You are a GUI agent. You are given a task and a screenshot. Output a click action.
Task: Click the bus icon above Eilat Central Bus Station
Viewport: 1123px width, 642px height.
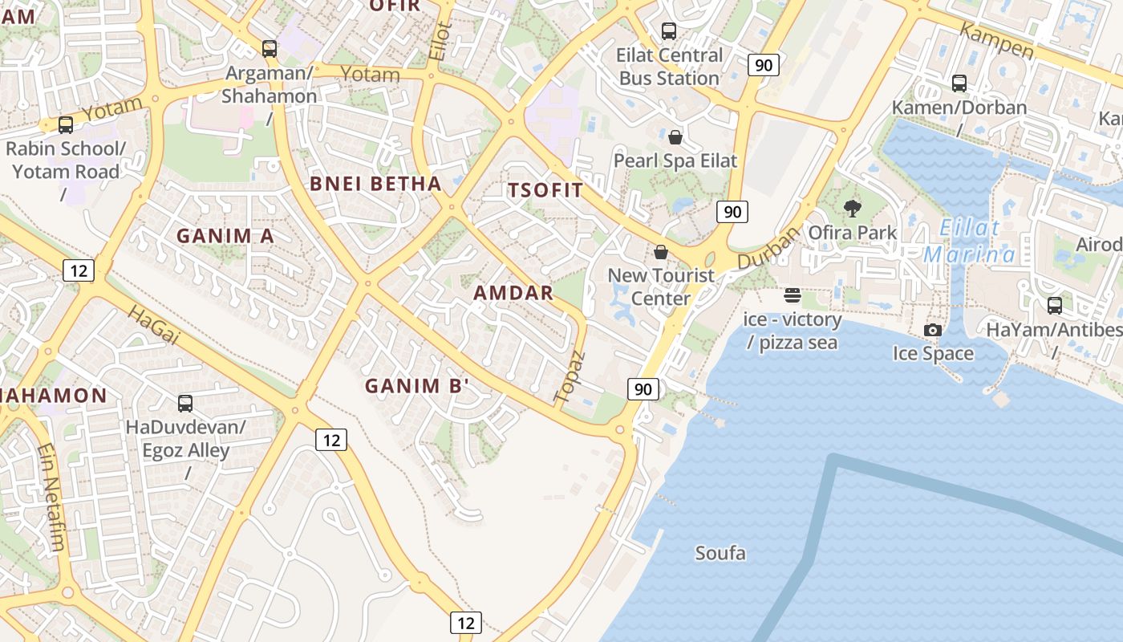point(668,31)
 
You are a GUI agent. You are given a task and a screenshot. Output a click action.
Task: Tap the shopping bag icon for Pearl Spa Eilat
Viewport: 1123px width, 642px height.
point(675,137)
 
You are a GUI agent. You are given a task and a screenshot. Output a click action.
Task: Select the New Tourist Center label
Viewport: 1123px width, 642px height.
point(661,286)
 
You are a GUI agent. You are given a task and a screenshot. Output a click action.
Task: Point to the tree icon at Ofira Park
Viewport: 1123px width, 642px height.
point(852,209)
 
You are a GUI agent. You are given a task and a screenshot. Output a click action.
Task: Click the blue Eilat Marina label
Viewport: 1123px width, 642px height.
point(970,242)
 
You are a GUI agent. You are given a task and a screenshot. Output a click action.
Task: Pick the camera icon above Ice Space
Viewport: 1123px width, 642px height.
point(932,330)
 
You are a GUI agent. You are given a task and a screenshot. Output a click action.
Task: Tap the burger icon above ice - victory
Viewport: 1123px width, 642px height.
point(793,295)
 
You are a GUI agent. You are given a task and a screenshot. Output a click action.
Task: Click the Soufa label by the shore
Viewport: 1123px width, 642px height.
point(720,553)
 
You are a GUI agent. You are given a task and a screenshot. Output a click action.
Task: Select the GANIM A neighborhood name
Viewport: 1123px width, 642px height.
point(225,236)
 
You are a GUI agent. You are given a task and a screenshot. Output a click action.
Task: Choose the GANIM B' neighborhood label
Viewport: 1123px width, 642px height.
point(417,386)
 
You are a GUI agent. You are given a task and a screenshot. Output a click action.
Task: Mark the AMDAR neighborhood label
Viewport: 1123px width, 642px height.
point(513,293)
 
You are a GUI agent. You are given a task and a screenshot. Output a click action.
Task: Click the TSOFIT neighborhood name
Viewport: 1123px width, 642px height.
point(545,190)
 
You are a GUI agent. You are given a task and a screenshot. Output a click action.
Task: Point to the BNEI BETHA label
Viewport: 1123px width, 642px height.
point(375,183)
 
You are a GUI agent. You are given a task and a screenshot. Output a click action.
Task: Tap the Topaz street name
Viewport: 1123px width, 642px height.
point(570,376)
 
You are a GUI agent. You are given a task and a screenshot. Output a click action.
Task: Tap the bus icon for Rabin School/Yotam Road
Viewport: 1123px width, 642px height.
point(66,125)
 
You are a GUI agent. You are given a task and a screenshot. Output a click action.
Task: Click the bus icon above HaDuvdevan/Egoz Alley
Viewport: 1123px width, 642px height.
point(185,403)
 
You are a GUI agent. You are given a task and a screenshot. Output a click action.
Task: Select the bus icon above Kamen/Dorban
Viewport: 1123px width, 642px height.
point(959,83)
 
